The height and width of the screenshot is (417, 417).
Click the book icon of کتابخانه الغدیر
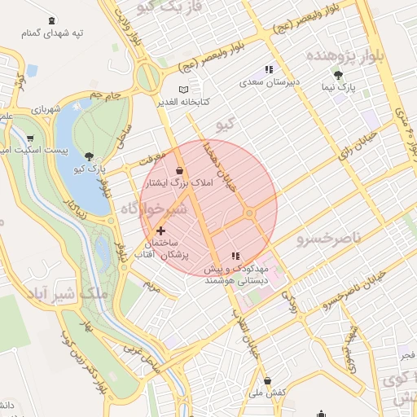pyautogui.click(x=183, y=89)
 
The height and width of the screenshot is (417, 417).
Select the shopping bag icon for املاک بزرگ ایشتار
pyautogui.click(x=179, y=170)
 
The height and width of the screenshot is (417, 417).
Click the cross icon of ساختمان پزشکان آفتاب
pyautogui.click(x=160, y=230)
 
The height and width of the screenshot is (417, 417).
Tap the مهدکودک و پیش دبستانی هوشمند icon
pyautogui.click(x=236, y=256)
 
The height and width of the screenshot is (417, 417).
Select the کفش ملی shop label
pyautogui.click(x=267, y=393)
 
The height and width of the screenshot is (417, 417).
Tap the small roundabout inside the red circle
pyautogui.click(x=250, y=213)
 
